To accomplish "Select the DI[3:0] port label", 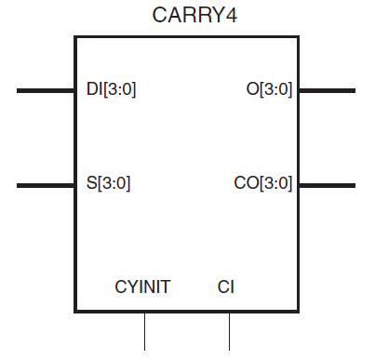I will click(x=111, y=90).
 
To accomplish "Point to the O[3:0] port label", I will click(x=269, y=90).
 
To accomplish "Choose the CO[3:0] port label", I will click(x=263, y=184).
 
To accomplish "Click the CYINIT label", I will click(x=143, y=287).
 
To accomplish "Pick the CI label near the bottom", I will click(x=226, y=287).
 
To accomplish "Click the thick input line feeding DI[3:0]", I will click(x=46, y=90).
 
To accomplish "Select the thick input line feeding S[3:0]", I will click(x=46, y=185).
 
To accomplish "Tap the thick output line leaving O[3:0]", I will click(x=327, y=90).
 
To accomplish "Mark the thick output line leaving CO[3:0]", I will click(x=327, y=185).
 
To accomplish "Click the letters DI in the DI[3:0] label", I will click(x=90, y=90).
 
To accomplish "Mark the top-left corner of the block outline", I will click(x=75, y=37).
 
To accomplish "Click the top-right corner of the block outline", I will click(x=299, y=37).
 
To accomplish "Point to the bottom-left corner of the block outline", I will click(x=75, y=312).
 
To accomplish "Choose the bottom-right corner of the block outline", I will click(x=299, y=312).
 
